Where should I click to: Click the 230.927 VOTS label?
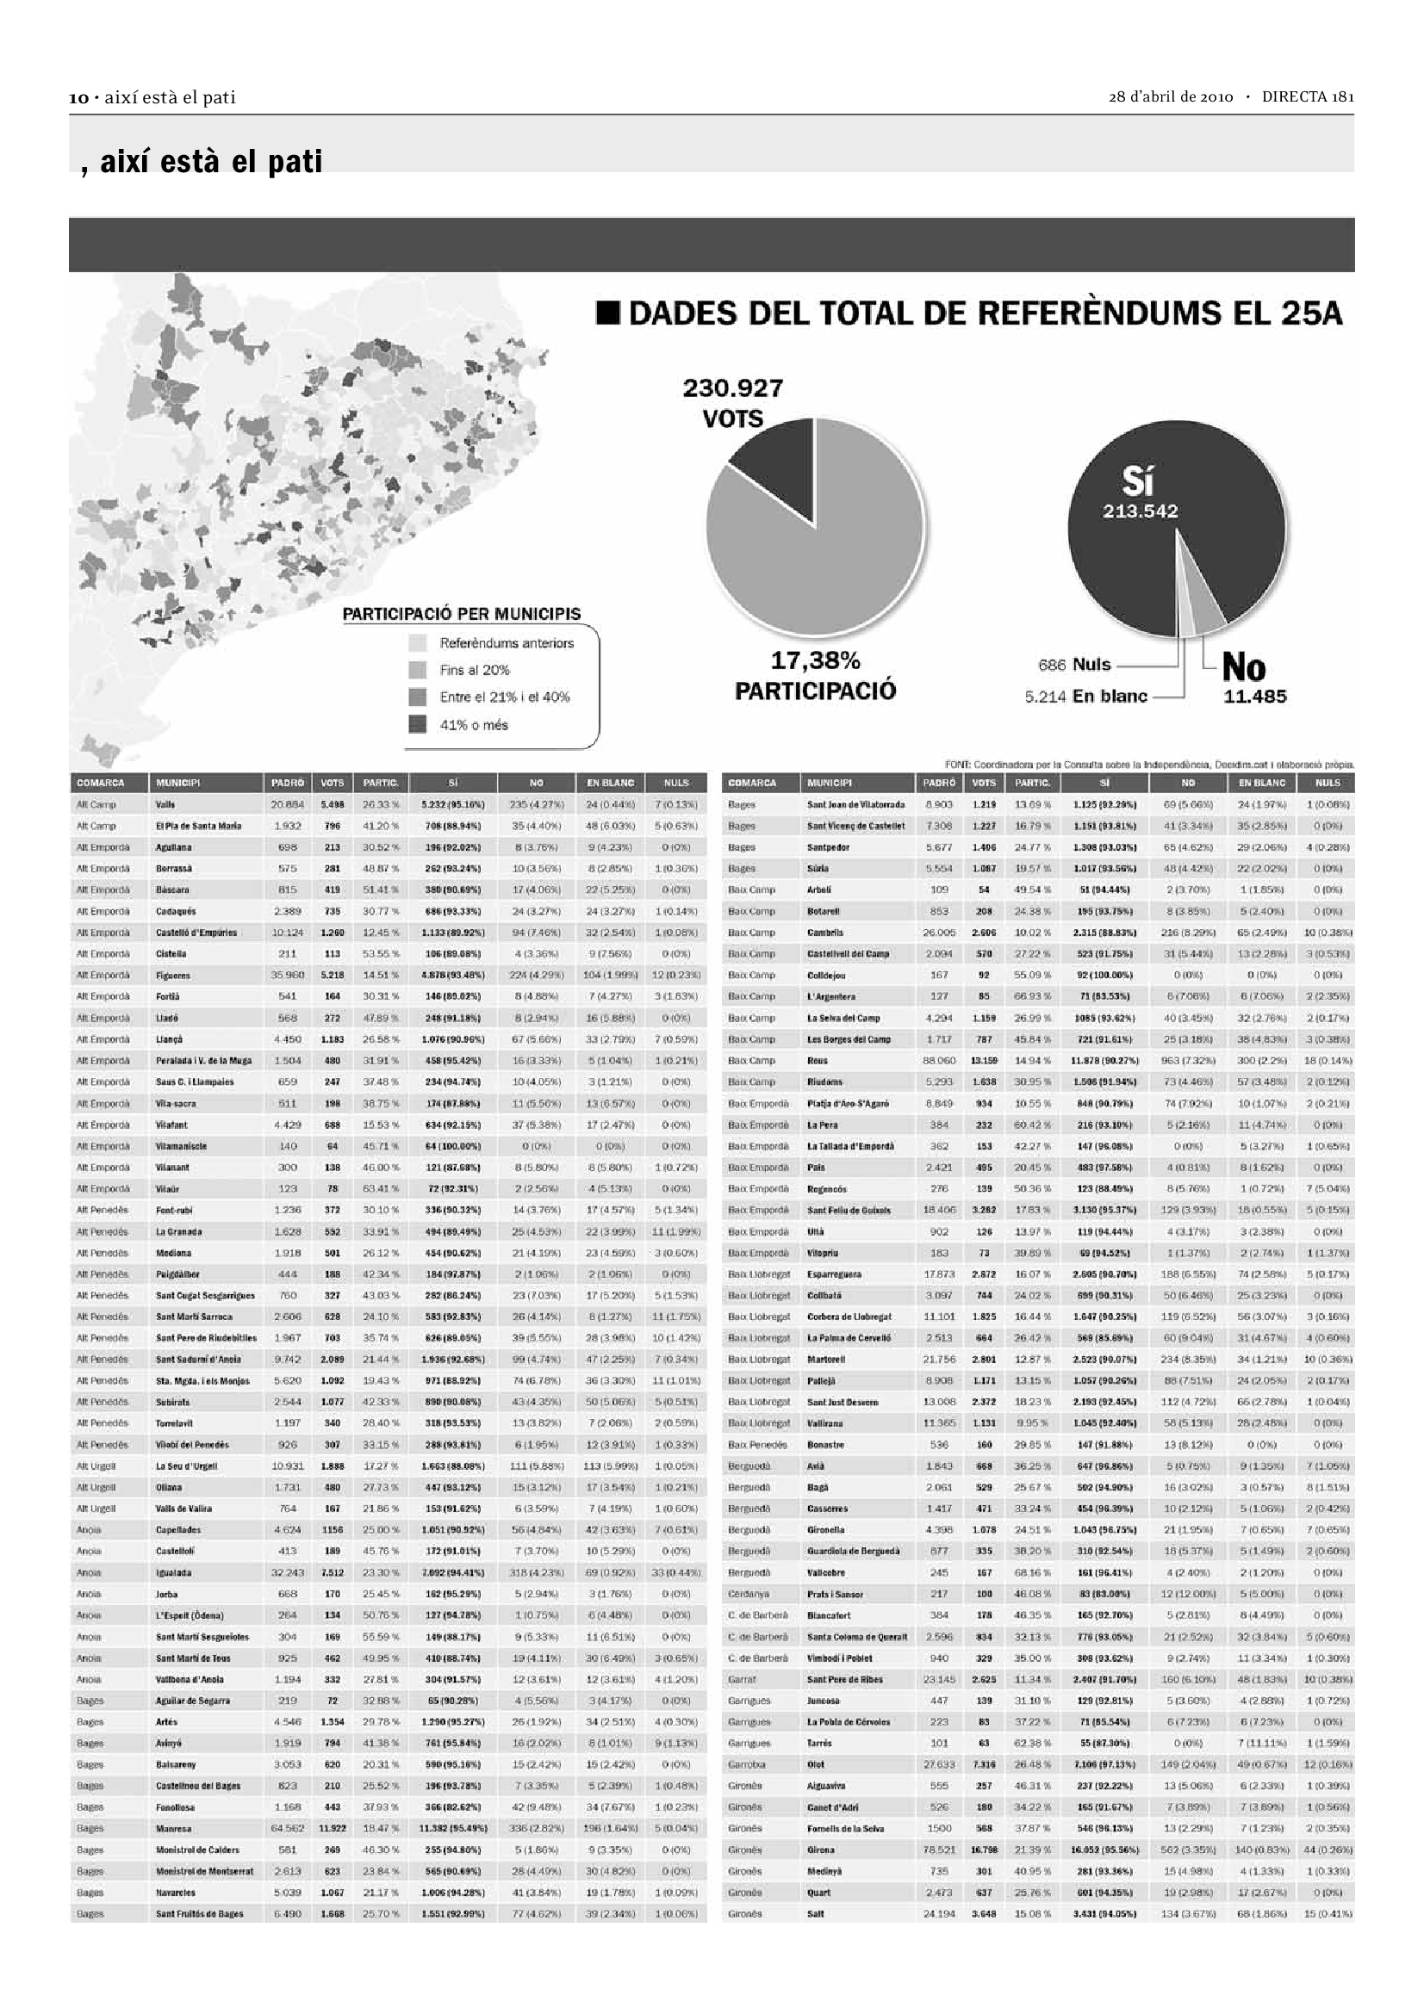pos(732,403)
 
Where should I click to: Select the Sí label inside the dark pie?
pos(1138,481)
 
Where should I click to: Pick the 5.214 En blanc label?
pos(1085,697)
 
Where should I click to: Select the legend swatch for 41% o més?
pos(418,724)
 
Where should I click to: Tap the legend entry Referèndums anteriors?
pos(507,643)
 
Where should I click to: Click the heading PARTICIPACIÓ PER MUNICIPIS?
pos(462,614)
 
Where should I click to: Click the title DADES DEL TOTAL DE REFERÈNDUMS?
pos(968,313)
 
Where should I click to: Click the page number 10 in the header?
pos(79,97)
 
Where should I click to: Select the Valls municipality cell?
pos(165,804)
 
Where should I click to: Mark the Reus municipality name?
pos(817,1061)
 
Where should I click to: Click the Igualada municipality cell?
pos(174,1573)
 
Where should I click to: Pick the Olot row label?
pos(815,1765)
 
